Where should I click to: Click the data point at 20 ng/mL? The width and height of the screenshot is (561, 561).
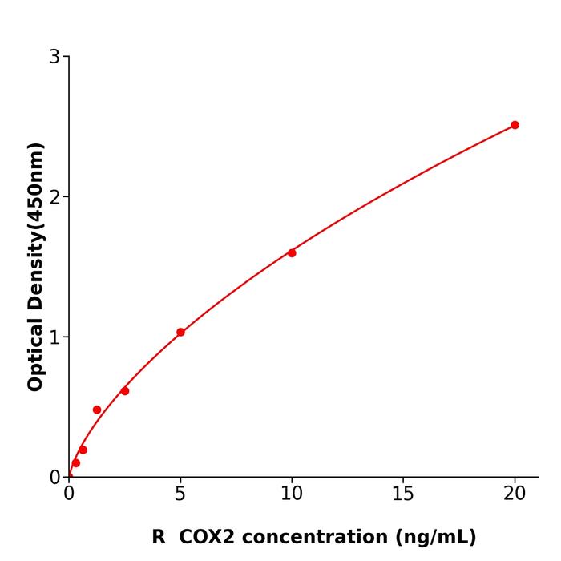click(515, 125)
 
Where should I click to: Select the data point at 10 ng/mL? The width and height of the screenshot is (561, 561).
click(292, 253)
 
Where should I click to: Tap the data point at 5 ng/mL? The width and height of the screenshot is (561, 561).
click(180, 333)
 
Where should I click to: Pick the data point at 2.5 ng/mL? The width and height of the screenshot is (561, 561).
click(125, 391)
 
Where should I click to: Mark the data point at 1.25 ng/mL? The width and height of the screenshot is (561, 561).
click(97, 410)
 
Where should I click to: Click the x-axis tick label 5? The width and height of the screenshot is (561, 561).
click(180, 494)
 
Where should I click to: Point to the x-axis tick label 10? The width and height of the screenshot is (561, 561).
click(292, 494)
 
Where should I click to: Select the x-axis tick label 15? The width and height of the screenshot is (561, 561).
click(403, 494)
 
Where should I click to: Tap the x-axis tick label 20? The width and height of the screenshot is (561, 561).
click(515, 494)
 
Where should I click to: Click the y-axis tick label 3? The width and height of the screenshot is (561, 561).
click(54, 57)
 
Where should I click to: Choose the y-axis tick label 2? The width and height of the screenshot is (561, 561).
click(54, 197)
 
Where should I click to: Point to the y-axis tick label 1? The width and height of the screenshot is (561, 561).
click(54, 337)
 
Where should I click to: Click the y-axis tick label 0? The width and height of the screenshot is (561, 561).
click(54, 478)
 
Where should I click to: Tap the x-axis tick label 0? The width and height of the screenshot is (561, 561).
click(69, 494)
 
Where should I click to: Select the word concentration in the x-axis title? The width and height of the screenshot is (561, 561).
click(317, 537)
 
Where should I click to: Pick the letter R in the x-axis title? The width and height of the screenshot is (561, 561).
click(159, 537)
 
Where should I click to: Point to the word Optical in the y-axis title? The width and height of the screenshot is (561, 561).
click(35, 353)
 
